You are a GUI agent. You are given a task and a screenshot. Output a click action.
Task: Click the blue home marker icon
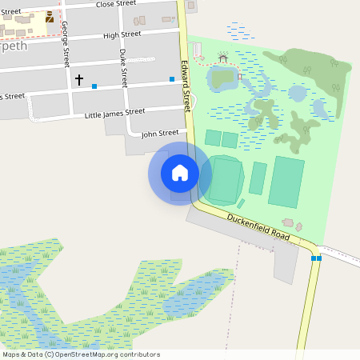[180, 173]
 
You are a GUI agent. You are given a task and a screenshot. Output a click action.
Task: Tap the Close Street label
[116, 5]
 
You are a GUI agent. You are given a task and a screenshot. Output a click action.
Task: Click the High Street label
[122, 34]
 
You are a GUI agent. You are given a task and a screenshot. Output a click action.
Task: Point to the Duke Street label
[123, 67]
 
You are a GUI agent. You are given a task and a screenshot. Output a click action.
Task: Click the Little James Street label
[114, 113]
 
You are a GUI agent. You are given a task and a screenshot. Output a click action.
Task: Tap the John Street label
[159, 133]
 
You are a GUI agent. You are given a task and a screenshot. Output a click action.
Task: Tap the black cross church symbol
[78, 80]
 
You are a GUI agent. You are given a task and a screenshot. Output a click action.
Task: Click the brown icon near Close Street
[50, 16]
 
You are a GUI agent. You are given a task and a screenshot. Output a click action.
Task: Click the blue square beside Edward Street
[172, 79]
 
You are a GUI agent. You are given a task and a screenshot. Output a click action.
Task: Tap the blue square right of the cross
[94, 86]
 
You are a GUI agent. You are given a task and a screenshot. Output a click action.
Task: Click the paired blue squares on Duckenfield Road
[316, 258]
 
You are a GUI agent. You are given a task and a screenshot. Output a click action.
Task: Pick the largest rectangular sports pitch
[286, 182]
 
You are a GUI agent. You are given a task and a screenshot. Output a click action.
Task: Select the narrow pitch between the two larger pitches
[258, 178]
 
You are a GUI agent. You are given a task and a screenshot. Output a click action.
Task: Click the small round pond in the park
[297, 93]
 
